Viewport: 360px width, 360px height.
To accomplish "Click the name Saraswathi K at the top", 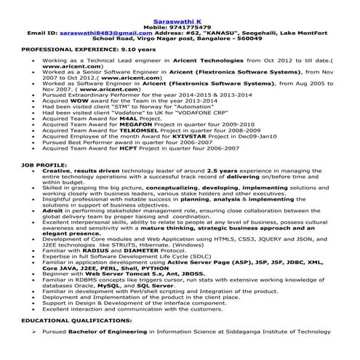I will tap(179, 5).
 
